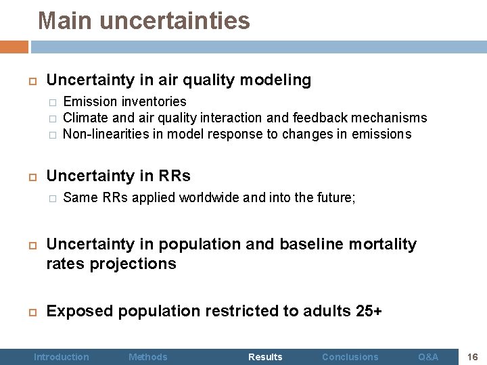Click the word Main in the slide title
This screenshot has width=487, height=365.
tap(66, 20)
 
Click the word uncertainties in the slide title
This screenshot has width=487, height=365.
tap(175, 20)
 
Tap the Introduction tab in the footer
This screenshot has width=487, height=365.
tap(62, 356)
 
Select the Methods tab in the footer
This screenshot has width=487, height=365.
tap(147, 356)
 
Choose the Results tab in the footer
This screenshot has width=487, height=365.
tap(265, 356)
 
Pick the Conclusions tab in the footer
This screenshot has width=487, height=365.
tap(350, 356)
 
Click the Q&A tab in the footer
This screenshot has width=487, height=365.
tap(428, 356)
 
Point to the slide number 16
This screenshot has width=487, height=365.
tap(473, 356)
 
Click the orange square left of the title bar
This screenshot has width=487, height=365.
tap(14, 47)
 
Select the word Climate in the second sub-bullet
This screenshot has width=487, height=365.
tap(85, 118)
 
